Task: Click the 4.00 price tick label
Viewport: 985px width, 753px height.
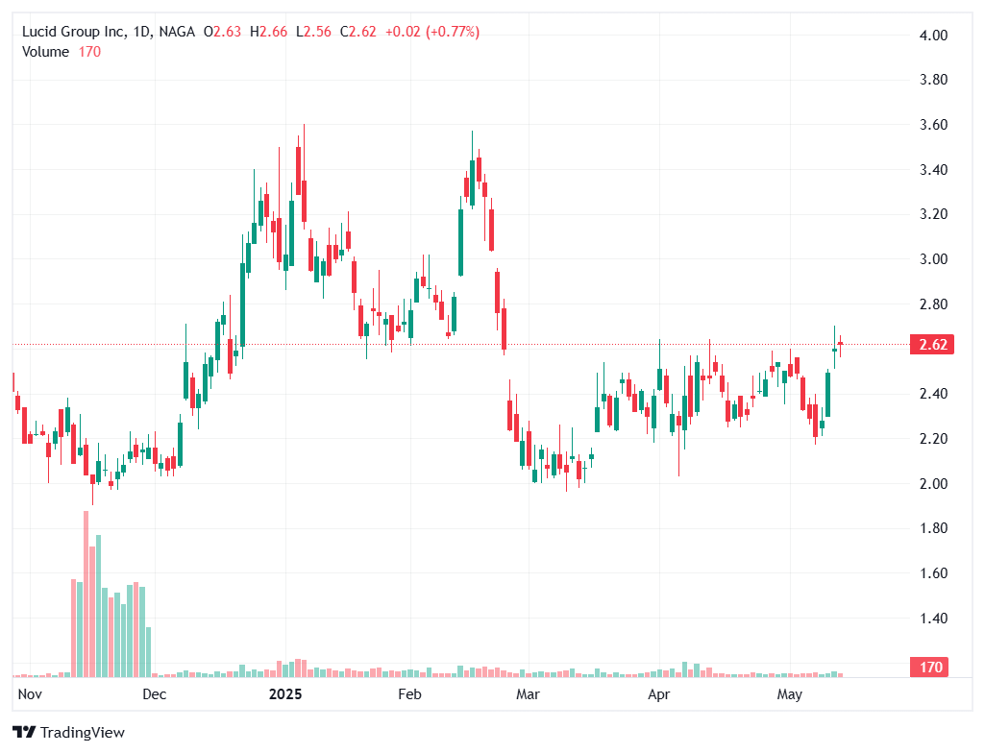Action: [934, 36]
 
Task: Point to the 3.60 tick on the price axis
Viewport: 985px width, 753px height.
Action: [934, 125]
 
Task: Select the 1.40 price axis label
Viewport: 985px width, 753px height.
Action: [934, 619]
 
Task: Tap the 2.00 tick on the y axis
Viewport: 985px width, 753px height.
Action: [934, 484]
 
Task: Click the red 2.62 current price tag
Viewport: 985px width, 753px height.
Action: [931, 345]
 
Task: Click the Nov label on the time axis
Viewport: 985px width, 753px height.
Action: [30, 693]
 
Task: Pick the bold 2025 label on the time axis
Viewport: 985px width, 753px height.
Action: [285, 693]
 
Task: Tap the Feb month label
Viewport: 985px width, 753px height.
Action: [410, 693]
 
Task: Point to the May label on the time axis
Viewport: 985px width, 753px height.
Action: [789, 693]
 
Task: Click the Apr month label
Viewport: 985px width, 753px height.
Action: [658, 693]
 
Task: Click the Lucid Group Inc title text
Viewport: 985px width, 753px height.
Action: [75, 32]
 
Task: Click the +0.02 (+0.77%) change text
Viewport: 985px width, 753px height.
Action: [431, 32]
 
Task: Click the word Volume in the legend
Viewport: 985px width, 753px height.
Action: [45, 52]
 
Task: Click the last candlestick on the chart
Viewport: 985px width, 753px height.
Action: [841, 343]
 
